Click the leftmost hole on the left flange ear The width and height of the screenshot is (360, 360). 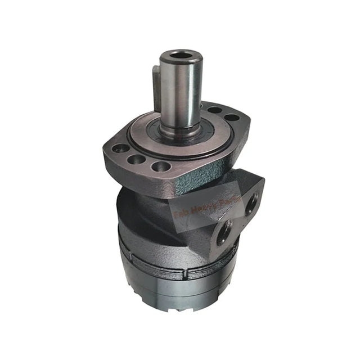(x=119, y=150)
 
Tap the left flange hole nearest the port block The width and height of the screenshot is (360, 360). (x=160, y=166)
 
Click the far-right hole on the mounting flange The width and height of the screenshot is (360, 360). (x=231, y=118)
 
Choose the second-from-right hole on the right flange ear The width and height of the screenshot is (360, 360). (x=216, y=111)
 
